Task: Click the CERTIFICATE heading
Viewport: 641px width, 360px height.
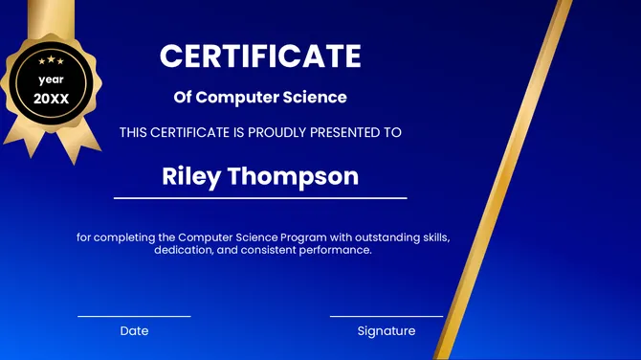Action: point(260,56)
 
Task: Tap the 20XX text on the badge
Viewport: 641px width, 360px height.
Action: point(52,99)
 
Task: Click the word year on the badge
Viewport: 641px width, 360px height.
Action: point(52,80)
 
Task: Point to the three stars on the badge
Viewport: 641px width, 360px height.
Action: point(52,61)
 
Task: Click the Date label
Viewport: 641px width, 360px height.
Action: point(134,331)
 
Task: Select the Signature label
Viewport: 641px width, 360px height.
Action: point(387,331)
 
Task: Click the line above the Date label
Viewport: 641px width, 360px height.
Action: point(134,316)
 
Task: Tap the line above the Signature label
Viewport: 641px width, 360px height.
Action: point(387,316)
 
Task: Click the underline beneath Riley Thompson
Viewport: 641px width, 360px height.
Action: point(260,198)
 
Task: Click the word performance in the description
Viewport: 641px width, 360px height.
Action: point(334,250)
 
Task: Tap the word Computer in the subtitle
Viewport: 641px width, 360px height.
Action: point(238,97)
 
